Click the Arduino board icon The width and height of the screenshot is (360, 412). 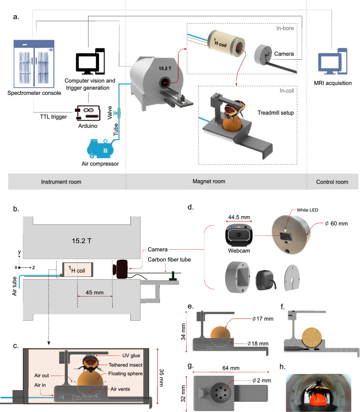click(88, 113)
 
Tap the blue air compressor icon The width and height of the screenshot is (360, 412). click(100, 149)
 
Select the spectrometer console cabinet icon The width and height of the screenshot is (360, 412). click(34, 64)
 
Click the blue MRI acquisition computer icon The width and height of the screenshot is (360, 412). click(333, 62)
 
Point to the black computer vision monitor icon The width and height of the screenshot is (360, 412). click(90, 61)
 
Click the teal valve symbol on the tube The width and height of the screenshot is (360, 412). click(117, 113)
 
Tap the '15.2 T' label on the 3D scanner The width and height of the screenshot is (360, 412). click(165, 68)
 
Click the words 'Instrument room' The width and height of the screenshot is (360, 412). click(61, 182)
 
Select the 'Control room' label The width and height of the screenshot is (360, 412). click(332, 182)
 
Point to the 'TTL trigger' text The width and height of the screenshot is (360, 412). click(53, 117)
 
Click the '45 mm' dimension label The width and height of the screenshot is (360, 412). click(94, 292)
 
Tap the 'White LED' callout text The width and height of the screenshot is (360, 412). click(308, 210)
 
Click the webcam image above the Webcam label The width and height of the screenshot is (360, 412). click(239, 235)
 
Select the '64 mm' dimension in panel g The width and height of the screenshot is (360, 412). click(231, 368)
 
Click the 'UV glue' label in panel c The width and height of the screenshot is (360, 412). click(131, 355)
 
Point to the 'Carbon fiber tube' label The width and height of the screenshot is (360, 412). click(169, 260)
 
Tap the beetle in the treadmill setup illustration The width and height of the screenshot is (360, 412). click(235, 108)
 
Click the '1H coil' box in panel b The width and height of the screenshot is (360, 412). click(78, 270)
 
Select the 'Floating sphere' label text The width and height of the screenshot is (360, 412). click(125, 373)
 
